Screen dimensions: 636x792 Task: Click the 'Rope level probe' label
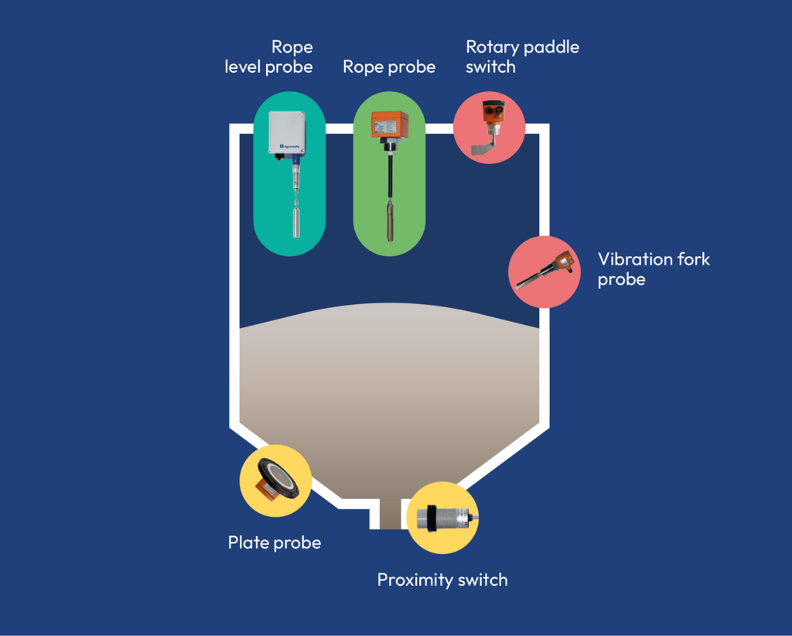(269, 57)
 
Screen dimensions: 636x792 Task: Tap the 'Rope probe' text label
(389, 67)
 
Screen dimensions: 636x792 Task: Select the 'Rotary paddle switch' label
(522, 56)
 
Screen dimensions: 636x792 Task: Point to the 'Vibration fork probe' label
(654, 268)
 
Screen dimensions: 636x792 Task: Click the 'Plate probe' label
(274, 542)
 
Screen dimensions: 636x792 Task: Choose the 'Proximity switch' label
(442, 580)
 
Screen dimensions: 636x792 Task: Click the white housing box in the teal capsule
(287, 132)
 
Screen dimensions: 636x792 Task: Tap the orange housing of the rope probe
(389, 125)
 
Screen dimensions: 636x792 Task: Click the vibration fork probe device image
(544, 272)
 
